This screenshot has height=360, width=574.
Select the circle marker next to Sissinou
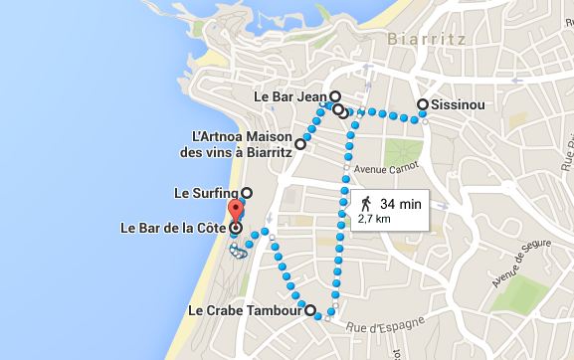point(423,104)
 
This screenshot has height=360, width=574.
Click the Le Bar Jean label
point(291,97)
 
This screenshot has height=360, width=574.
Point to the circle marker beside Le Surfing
point(247,192)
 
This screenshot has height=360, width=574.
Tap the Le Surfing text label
point(206,192)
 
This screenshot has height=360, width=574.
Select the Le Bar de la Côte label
point(173,229)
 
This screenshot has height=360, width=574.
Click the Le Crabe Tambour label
point(245,310)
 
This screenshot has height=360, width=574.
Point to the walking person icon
point(366,203)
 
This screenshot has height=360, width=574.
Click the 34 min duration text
point(401,203)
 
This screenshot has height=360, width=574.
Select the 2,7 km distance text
point(376,220)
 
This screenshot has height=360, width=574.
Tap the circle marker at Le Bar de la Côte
point(236,229)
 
